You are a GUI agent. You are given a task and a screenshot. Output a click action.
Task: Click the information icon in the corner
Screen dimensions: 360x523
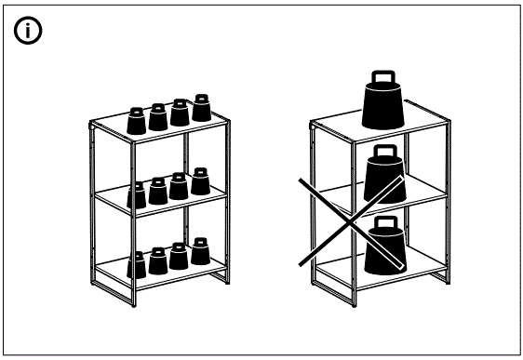click(28, 31)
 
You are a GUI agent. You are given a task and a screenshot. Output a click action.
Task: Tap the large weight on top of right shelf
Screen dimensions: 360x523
click(382, 104)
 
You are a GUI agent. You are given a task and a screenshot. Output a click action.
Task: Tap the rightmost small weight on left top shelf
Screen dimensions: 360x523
click(201, 108)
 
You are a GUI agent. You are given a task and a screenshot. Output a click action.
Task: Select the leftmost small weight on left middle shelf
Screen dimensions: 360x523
click(137, 195)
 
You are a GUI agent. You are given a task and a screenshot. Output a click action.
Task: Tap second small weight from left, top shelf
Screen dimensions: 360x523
click(157, 115)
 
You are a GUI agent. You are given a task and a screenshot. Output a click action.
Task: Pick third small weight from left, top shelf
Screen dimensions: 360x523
click(179, 112)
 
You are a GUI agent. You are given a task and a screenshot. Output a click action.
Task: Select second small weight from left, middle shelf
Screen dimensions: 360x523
click(157, 191)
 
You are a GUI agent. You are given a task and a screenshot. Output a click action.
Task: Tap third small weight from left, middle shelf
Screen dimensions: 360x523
click(179, 186)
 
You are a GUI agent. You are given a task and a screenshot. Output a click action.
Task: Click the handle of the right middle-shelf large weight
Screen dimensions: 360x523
click(383, 151)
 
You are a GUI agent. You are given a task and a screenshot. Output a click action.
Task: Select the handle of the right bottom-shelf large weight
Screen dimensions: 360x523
click(383, 224)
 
